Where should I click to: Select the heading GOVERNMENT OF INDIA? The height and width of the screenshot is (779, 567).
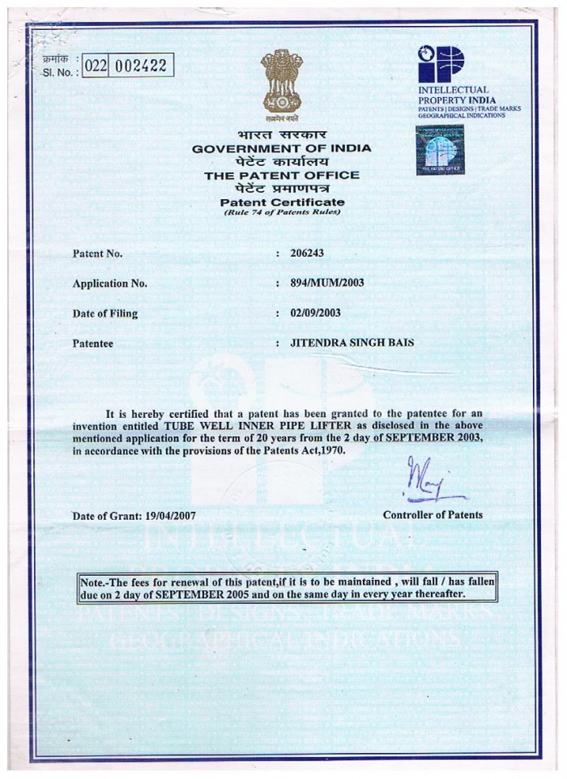pos(282,149)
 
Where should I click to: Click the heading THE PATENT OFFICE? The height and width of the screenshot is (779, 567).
pos(282,175)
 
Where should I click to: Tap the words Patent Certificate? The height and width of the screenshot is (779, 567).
pos(282,202)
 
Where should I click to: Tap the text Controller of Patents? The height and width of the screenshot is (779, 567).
pos(433,515)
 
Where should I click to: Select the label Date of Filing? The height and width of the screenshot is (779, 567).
pos(105,313)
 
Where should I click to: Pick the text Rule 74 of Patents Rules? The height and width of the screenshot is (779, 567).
pos(282,212)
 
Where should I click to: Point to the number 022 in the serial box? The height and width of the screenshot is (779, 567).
pos(96,66)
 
